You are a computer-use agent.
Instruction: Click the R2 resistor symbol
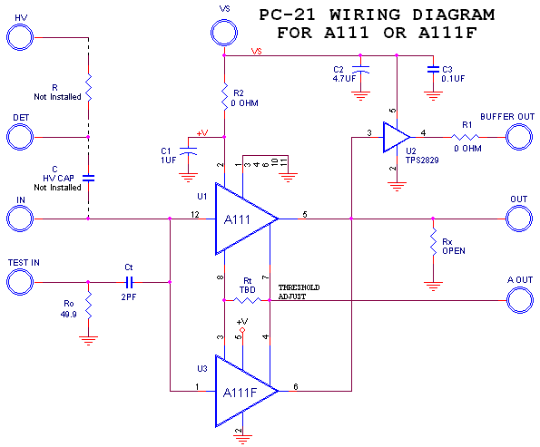pos(224,97)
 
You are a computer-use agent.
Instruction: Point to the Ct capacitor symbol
pos(129,282)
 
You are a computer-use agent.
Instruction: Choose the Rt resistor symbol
pos(247,300)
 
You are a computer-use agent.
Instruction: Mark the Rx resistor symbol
pos(433,242)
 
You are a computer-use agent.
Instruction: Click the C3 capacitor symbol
pos(433,69)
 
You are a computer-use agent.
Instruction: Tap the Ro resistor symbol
pos(89,306)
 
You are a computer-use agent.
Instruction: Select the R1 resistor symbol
pos(465,137)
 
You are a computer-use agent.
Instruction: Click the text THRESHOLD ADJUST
pos(299,292)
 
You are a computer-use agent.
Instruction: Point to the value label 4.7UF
pos(344,79)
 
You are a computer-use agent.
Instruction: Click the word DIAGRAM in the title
pos(453,15)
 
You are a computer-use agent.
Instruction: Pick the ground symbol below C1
pos(189,178)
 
